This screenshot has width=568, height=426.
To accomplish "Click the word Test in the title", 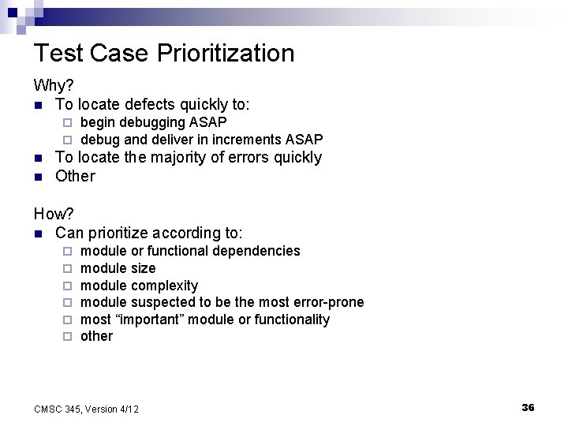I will point(58,54).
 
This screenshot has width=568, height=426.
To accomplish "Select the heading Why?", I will point(51,84).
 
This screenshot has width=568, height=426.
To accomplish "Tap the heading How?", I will point(51,214).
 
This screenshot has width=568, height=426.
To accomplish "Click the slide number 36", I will point(528,407).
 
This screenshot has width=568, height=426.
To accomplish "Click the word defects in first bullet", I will point(148,103).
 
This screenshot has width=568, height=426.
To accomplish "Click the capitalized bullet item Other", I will point(75,176).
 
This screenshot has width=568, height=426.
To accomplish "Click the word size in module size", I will point(144,268).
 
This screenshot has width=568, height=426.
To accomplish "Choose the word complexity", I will point(165,286).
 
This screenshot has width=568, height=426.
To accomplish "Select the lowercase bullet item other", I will point(97,337).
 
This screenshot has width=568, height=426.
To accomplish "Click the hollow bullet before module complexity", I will point(68,286).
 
